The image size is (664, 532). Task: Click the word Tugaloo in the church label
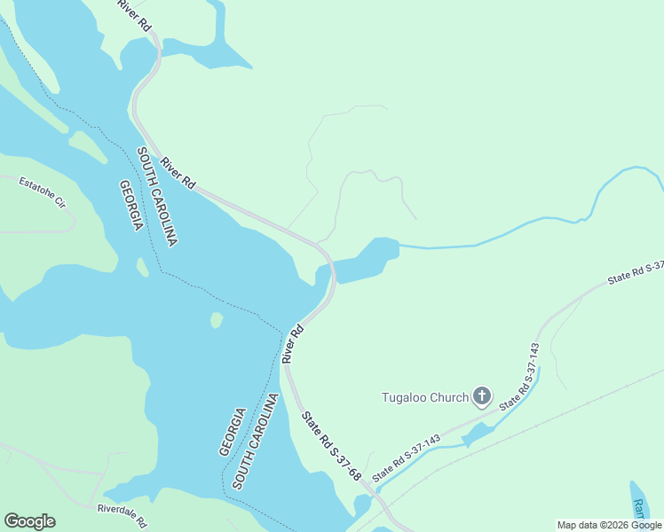point(404,397)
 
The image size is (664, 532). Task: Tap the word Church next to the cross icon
point(447,397)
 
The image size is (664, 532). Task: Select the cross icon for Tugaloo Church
point(482,396)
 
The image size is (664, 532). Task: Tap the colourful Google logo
point(29,521)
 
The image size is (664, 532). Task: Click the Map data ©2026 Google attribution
point(610,525)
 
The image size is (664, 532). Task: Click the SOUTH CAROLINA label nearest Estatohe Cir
point(158,197)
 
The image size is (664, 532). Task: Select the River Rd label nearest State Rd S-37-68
point(293,344)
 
